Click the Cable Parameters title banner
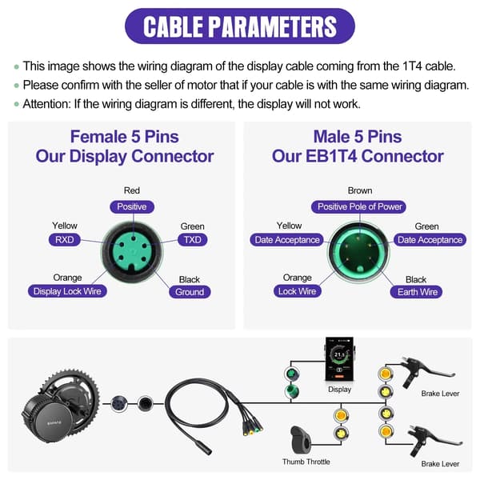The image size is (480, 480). pyautogui.click(x=240, y=26)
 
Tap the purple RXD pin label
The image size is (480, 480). pyautogui.click(x=64, y=240)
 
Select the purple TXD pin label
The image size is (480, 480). pyautogui.click(x=192, y=240)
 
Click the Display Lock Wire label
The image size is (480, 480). pyautogui.click(x=67, y=291)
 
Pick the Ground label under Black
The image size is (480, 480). pyautogui.click(x=190, y=292)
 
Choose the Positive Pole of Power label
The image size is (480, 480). pyautogui.click(x=358, y=206)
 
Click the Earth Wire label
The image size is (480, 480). pyautogui.click(x=416, y=292)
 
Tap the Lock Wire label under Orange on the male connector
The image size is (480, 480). pyautogui.click(x=297, y=291)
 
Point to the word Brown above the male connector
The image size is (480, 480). pyautogui.click(x=360, y=190)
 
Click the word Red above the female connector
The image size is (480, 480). pyautogui.click(x=132, y=190)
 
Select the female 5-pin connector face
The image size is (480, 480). pyautogui.click(x=132, y=252)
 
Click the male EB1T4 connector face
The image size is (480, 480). pyautogui.click(x=358, y=253)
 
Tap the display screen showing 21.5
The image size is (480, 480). pyautogui.click(x=339, y=359)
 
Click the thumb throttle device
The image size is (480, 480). pyautogui.click(x=300, y=440)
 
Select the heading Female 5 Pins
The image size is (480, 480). pyautogui.click(x=125, y=137)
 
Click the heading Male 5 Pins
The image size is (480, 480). pyautogui.click(x=358, y=137)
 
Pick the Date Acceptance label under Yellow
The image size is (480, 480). pyautogui.click(x=287, y=240)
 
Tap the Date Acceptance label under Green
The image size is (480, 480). pyautogui.click(x=430, y=240)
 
